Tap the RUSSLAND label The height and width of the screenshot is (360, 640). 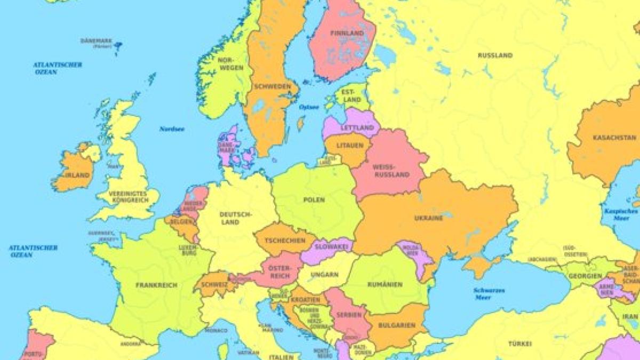(495, 55)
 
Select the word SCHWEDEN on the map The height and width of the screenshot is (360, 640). (273, 86)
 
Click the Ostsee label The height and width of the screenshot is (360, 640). (309, 107)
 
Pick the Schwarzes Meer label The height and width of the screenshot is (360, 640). (489, 294)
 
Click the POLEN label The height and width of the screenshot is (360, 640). (314, 200)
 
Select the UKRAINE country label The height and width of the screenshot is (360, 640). (428, 219)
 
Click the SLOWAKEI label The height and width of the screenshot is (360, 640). (331, 247)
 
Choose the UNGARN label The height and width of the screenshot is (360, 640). (325, 275)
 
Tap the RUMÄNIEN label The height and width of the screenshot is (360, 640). (384, 285)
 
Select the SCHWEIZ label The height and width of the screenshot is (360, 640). (214, 285)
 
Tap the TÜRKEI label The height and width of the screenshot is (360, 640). (519, 344)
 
